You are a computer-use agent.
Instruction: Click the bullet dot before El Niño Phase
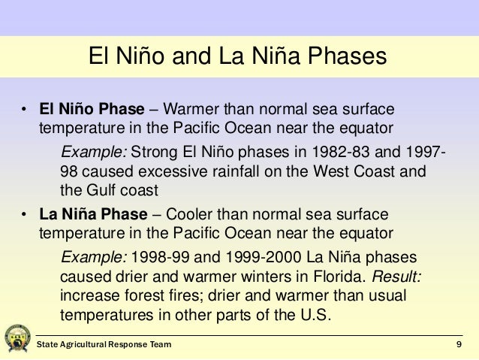24,110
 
